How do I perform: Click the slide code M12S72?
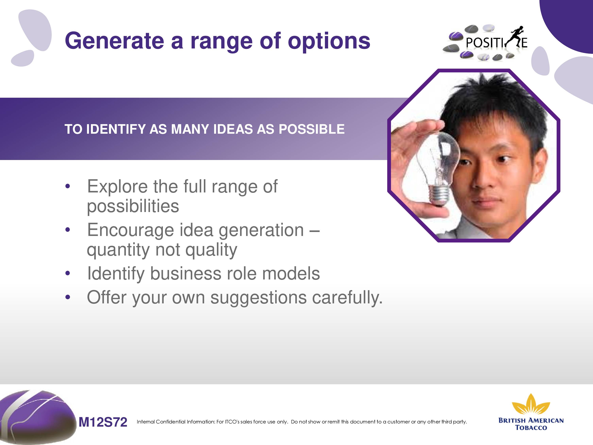(103, 422)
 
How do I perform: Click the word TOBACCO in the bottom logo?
(531, 428)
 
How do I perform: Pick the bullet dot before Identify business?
(68, 273)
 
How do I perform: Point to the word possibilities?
(133, 206)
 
